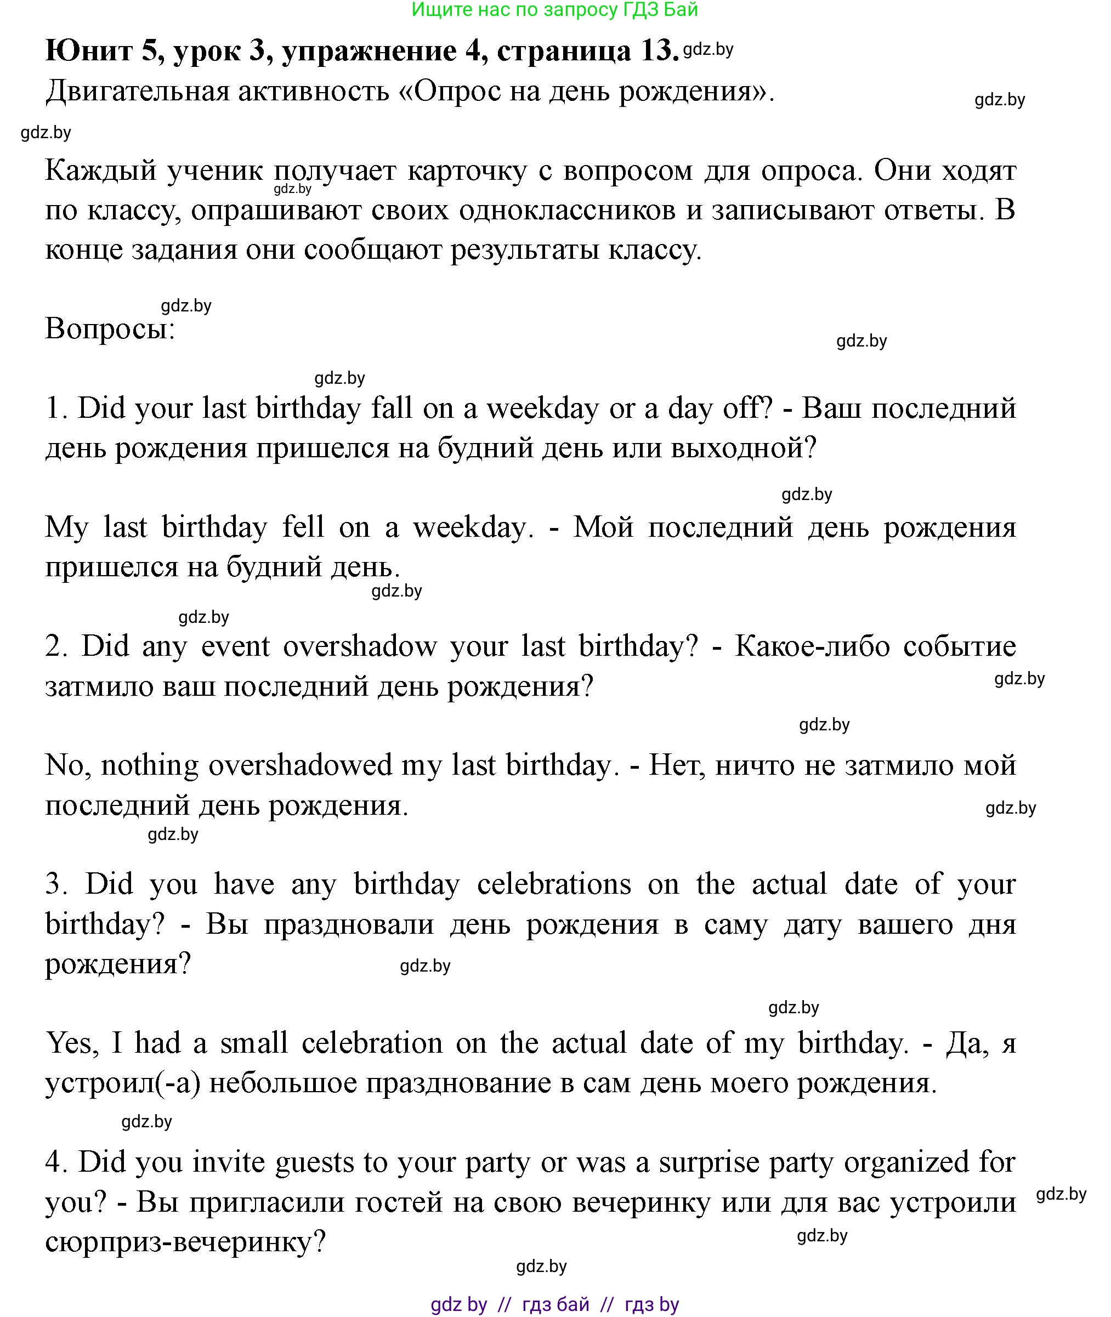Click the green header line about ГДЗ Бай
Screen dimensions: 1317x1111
point(554,10)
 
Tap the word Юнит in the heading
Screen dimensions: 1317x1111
point(89,50)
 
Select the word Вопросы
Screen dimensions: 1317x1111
point(110,329)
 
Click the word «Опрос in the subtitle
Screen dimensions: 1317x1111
point(449,92)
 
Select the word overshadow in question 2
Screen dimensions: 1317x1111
point(360,646)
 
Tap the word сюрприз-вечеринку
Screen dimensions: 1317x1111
point(185,1241)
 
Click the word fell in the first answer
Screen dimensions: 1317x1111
point(303,527)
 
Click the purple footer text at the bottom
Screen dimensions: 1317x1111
point(554,1304)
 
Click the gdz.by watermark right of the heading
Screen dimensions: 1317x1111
point(708,50)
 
